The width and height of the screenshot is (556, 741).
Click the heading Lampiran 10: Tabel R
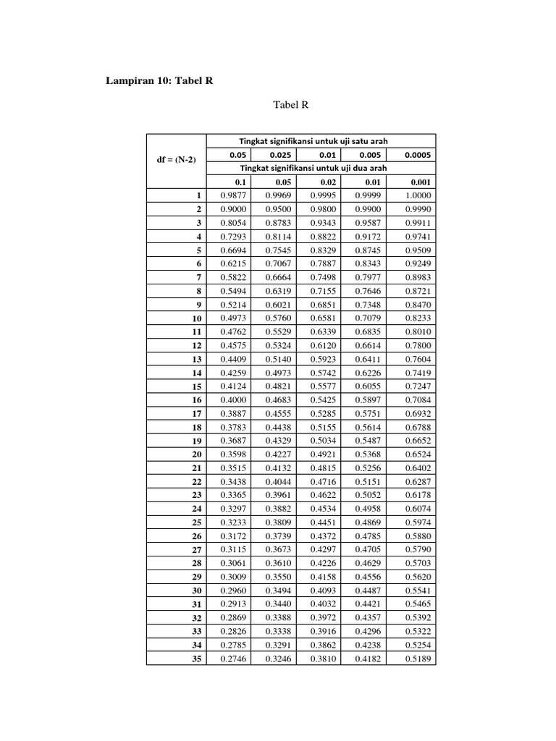tap(160, 81)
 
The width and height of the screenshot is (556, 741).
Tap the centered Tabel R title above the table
tap(291, 106)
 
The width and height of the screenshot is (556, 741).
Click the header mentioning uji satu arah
tap(321, 141)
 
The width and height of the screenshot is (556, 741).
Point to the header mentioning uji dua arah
tap(321, 168)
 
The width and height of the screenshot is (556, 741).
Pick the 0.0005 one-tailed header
tap(417, 155)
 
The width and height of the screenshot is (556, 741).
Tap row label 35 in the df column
tap(195, 659)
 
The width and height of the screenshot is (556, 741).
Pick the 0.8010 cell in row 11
tap(417, 332)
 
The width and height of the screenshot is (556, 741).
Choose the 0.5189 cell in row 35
tap(417, 659)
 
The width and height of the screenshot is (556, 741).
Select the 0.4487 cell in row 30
tap(369, 591)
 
